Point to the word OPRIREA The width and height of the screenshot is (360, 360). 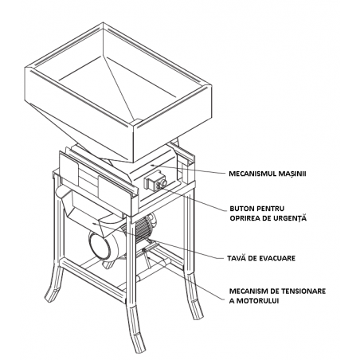point(246,217)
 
